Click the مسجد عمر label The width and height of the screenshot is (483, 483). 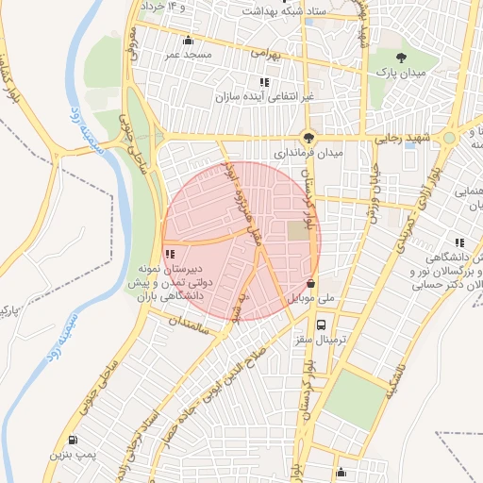point(192,55)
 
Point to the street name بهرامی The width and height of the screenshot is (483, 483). point(262,56)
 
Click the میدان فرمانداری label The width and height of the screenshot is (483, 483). point(308,151)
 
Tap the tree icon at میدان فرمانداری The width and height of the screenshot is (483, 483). point(308,137)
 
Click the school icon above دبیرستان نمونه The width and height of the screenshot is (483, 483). point(170,254)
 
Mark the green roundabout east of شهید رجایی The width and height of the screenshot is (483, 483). point(450,139)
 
